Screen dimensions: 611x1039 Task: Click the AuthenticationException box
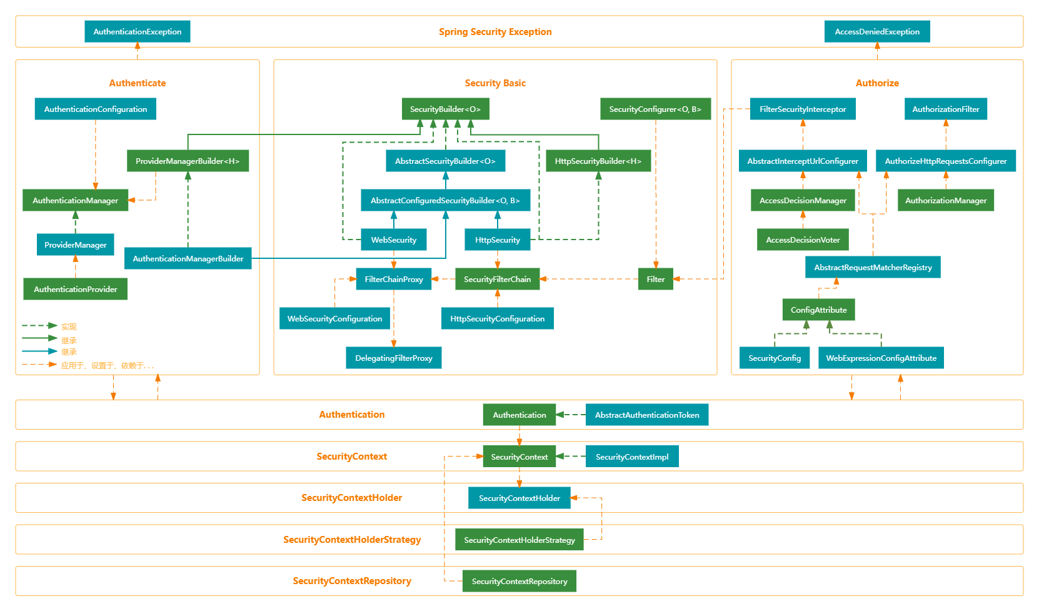[137, 32]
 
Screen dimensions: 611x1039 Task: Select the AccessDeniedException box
[876, 32]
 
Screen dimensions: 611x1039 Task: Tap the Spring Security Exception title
[494, 32]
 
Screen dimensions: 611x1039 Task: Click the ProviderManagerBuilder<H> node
[188, 161]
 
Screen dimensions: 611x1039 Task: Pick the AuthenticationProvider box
[75, 289]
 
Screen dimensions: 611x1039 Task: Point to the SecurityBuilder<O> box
[445, 109]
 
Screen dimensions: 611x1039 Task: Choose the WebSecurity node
[393, 240]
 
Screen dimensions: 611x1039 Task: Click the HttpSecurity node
[497, 240]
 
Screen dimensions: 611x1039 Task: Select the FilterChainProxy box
[393, 279]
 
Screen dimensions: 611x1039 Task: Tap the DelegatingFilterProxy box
[393, 358]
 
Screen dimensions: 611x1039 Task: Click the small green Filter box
[655, 279]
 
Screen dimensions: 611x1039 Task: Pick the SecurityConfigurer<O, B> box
[655, 109]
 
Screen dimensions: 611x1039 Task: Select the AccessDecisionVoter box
[803, 240]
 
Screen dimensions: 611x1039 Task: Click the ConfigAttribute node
[818, 310]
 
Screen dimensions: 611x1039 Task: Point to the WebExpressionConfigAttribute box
[881, 358]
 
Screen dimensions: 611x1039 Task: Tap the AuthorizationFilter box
[945, 109]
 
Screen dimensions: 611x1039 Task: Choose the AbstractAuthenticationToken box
[646, 415]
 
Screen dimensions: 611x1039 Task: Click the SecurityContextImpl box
[631, 457]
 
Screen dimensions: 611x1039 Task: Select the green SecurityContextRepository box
[519, 581]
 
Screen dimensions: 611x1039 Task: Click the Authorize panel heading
[876, 83]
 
